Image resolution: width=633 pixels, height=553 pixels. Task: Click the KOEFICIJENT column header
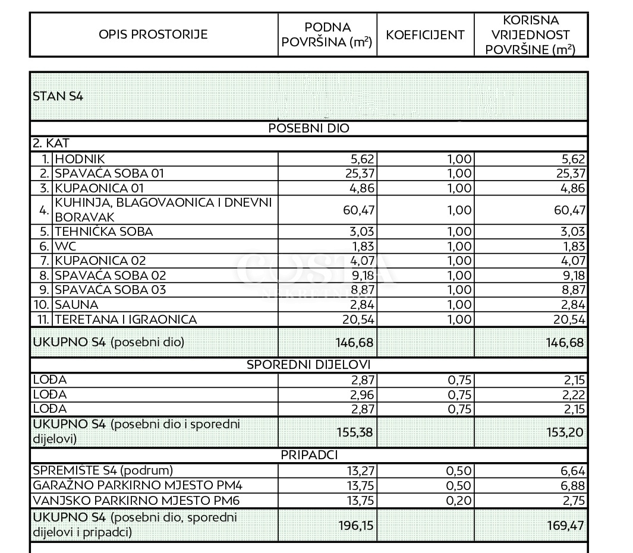(x=425, y=34)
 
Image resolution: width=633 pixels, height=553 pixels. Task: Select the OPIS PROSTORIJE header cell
(x=153, y=34)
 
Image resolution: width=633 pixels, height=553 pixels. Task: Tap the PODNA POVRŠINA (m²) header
(x=327, y=34)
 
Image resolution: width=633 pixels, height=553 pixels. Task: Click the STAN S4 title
(x=58, y=96)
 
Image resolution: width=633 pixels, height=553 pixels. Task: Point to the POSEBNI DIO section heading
(x=309, y=128)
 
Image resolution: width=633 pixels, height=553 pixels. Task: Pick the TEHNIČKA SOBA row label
(x=103, y=232)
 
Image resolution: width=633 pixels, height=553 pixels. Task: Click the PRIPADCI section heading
(x=309, y=456)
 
